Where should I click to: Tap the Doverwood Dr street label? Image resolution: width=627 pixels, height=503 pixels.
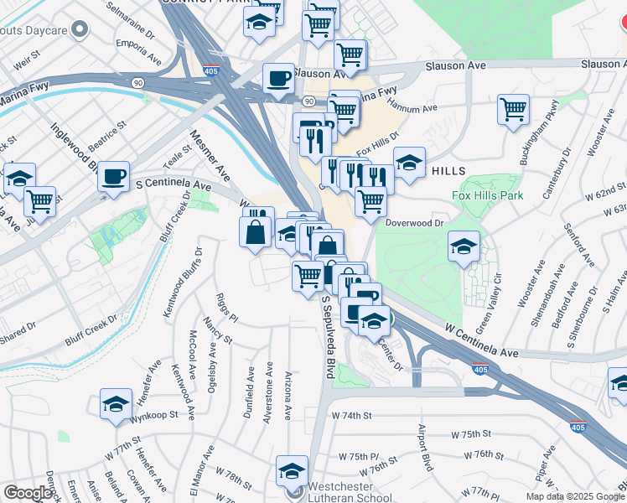414,223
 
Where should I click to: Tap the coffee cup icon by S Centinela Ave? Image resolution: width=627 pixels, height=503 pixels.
113,178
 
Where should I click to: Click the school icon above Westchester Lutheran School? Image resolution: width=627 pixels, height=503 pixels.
292,471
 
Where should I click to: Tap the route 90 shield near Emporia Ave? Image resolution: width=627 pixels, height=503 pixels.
135,82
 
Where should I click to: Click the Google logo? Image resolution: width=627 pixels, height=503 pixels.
28,494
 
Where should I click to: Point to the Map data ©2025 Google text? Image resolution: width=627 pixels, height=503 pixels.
575,496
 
